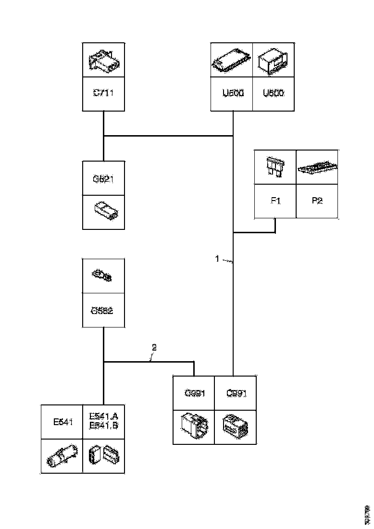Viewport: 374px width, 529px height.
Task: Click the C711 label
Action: (103, 93)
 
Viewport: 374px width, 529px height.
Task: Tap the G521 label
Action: (103, 179)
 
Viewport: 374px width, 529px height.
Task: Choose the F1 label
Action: (275, 201)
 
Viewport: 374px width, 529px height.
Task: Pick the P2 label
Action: (317, 201)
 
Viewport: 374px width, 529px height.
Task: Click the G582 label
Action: (102, 310)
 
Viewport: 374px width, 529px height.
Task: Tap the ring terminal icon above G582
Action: (102, 276)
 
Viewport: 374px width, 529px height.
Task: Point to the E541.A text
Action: (103, 417)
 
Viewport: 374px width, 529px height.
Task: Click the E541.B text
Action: (103, 425)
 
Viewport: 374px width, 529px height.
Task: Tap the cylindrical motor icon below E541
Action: (61, 456)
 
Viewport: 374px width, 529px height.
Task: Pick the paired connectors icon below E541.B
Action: (103, 456)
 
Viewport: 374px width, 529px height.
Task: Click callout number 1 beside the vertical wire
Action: (217, 259)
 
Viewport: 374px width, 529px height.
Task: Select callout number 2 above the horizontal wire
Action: (154, 347)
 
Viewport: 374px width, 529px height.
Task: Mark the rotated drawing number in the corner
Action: (367, 514)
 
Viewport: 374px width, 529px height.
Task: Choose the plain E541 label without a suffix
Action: (62, 422)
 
